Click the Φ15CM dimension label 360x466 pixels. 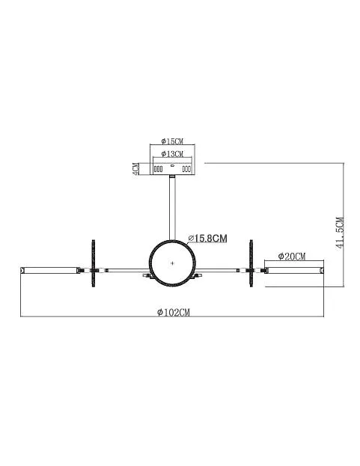[x=172, y=141]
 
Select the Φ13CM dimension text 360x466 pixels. [x=172, y=153]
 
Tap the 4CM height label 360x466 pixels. [x=135, y=169]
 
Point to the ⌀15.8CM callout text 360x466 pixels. [x=208, y=239]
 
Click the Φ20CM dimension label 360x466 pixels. [x=292, y=256]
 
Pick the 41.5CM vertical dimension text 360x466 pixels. [x=340, y=233]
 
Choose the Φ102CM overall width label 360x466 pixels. [x=174, y=313]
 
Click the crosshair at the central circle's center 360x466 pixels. [x=172, y=263]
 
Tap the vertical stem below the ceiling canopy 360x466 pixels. [x=172, y=208]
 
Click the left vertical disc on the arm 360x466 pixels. [x=94, y=263]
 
